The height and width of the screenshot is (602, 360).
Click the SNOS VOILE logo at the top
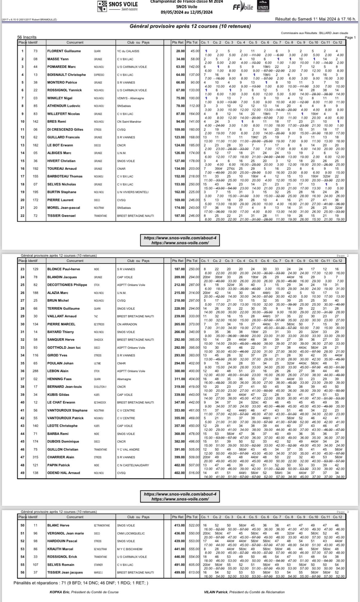coord(118,6)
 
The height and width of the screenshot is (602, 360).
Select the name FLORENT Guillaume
coord(64,51)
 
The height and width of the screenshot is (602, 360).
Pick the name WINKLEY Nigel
coord(60,98)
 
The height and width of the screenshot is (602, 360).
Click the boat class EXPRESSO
coord(99,75)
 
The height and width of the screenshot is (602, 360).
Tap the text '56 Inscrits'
coord(27,37)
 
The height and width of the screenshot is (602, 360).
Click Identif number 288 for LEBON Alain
coord(35,371)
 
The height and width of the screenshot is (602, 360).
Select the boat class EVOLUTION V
coord(100,387)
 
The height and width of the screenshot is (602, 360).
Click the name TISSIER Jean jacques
coord(65,572)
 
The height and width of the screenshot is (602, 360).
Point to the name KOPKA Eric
coord(59,592)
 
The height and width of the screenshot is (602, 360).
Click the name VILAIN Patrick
coord(215,592)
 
